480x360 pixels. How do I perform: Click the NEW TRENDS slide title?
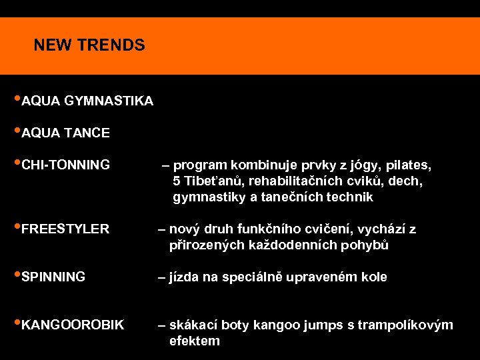pyautogui.click(x=89, y=45)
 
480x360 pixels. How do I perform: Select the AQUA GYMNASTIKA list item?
pyautogui.click(x=87, y=101)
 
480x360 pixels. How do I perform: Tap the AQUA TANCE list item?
pyautogui.click(x=65, y=133)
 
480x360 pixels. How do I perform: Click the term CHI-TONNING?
pyautogui.click(x=65, y=165)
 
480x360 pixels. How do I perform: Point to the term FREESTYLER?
pyautogui.click(x=65, y=229)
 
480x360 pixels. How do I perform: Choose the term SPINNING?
pyautogui.click(x=53, y=277)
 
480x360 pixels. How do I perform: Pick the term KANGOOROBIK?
pyautogui.click(x=73, y=325)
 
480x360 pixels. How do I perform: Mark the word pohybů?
pyautogui.click(x=365, y=245)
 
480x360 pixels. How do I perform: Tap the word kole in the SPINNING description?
pyautogui.click(x=373, y=277)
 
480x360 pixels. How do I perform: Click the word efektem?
pyautogui.click(x=194, y=341)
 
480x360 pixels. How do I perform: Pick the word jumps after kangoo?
pyautogui.click(x=323, y=325)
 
